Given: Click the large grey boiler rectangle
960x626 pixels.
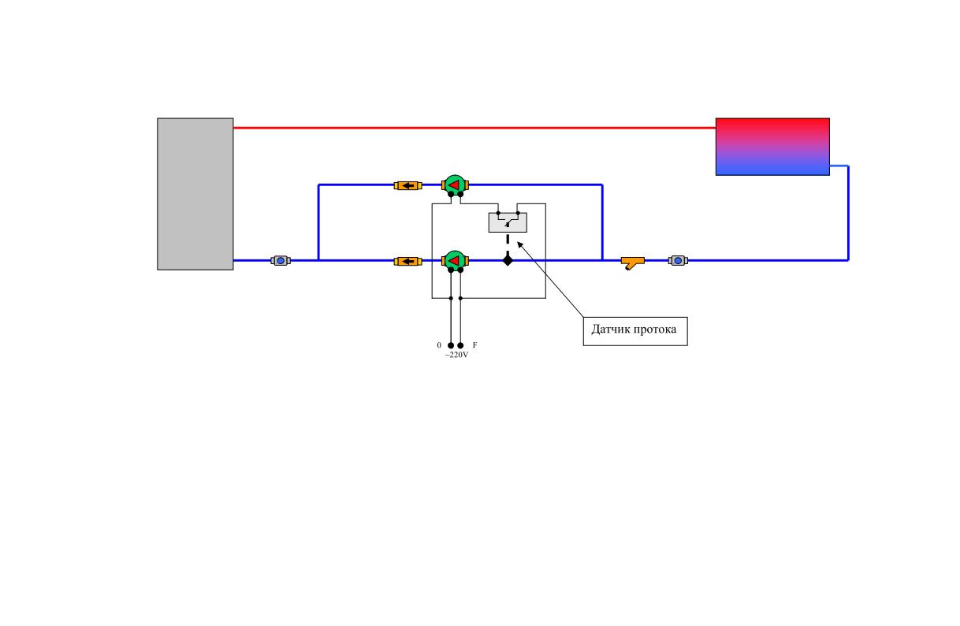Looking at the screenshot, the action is tap(195, 194).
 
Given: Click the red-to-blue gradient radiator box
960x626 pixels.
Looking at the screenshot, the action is tap(772, 147).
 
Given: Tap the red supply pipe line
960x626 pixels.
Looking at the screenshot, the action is tap(474, 128).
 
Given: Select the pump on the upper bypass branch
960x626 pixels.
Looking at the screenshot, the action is tap(455, 185).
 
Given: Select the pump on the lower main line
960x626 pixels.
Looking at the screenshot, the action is tap(455, 261).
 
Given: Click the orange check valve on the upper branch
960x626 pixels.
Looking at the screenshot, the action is tap(407, 185).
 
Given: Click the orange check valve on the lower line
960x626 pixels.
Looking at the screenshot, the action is tap(407, 261).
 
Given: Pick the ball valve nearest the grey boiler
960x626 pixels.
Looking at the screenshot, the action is tap(281, 261).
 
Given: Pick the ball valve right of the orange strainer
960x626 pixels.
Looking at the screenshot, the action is tap(678, 261).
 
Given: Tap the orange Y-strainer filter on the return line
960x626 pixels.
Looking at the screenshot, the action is tap(633, 263).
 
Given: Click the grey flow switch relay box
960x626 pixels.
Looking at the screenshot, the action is tap(508, 222).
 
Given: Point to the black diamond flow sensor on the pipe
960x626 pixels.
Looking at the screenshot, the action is tap(508, 260).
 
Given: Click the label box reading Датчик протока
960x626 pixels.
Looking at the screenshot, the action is tap(635, 331).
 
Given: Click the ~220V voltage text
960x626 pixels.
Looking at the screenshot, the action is tap(457, 355).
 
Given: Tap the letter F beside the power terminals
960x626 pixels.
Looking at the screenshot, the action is tap(474, 345).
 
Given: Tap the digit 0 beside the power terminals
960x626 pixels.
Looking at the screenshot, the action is tap(439, 345).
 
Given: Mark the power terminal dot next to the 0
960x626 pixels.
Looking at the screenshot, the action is tap(451, 345).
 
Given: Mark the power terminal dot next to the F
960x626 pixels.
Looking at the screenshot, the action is tap(461, 345).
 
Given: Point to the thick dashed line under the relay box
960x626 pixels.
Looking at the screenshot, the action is tap(508, 244).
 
